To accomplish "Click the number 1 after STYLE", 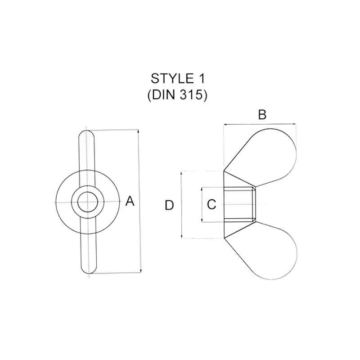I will point(201,79).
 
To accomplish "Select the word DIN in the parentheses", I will point(165,96).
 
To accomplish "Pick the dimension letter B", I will point(262,115).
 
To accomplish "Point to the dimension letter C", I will point(211,205).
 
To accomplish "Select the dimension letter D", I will point(169,205).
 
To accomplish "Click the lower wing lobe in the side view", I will point(272,252).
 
